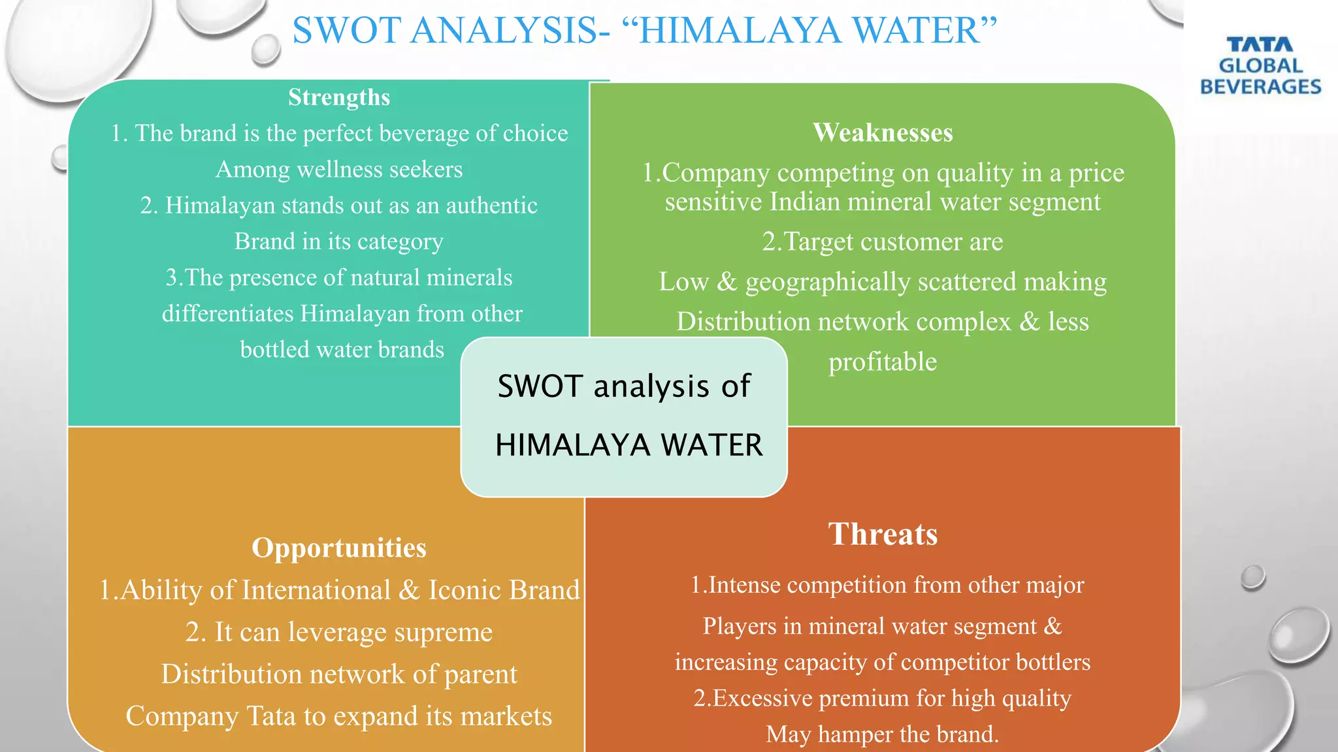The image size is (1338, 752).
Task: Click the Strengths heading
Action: coord(339,97)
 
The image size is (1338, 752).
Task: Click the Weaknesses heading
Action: coord(883,133)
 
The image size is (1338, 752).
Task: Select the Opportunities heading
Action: coord(339,548)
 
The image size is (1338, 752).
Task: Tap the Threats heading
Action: coord(883,534)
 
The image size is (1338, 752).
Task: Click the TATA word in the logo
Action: coord(1260,44)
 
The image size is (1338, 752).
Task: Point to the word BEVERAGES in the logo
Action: coord(1260,87)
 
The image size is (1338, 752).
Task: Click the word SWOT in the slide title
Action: coord(346,31)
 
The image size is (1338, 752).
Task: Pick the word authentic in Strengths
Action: coord(491,206)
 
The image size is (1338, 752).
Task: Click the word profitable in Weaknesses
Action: coord(883,362)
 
